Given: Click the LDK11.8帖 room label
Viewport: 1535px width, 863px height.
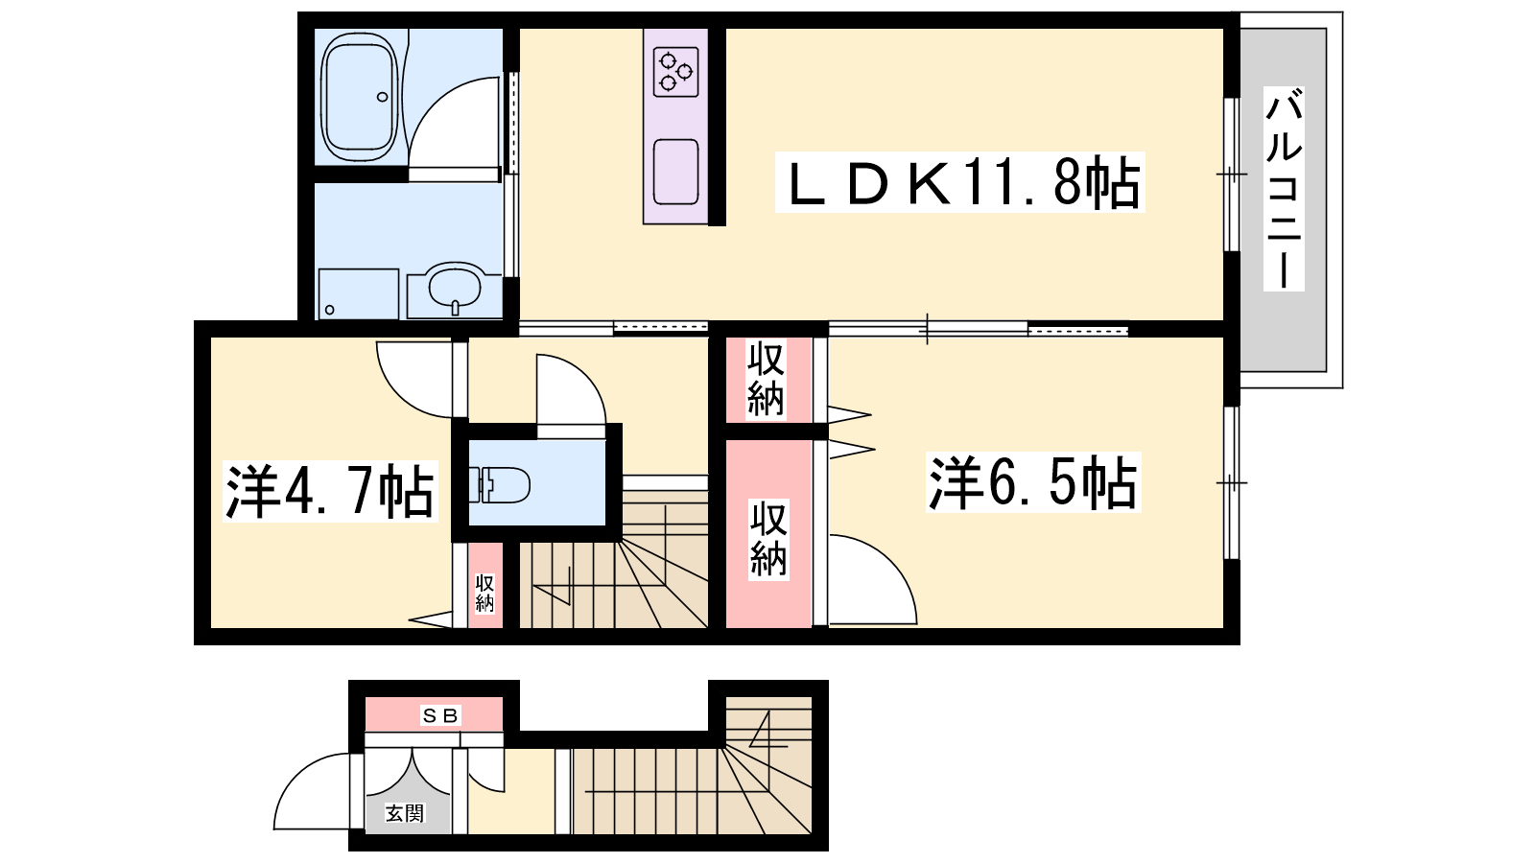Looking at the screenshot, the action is coord(960,182).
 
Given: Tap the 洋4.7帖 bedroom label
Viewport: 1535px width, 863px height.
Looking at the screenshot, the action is coord(330,492).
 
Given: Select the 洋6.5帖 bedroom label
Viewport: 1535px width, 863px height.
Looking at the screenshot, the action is coord(1033,482).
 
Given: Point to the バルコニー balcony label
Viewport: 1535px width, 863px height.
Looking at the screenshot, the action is coord(1284,198).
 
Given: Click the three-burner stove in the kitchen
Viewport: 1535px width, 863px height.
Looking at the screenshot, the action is coord(675,71).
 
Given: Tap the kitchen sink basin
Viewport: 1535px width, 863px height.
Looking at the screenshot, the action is coord(675,172).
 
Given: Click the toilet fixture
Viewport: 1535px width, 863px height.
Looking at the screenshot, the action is coord(499,485).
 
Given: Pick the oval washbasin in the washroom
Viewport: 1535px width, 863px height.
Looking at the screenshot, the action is coord(456,288).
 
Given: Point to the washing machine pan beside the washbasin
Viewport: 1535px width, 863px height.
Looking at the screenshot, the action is coord(359,293).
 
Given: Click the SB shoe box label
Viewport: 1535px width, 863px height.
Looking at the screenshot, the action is coord(440,715).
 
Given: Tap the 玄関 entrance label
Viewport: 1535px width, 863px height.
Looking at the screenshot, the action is coord(404,814).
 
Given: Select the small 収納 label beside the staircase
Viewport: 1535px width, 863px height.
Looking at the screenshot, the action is coord(484,594).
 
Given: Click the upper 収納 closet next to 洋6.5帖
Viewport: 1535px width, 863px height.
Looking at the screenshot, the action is coord(767,379).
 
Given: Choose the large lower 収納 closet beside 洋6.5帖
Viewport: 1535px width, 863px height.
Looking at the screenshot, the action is coord(768,533).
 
